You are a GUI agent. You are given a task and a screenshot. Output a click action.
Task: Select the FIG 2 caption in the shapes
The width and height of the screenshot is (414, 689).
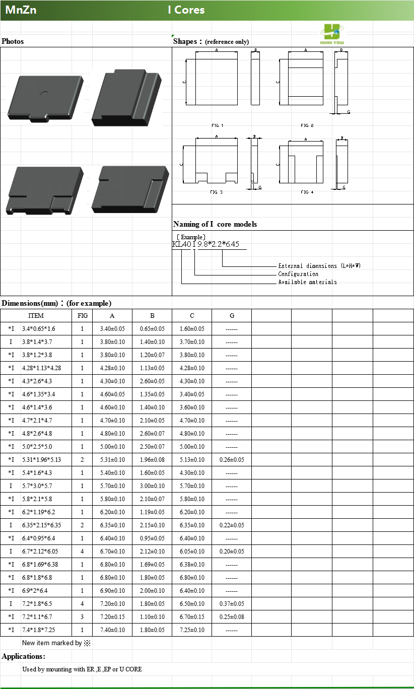(307, 125)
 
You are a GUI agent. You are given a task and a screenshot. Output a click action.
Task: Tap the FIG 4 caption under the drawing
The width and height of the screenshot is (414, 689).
(307, 192)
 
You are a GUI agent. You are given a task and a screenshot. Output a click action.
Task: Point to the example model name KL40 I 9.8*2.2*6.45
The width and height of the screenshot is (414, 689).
(205, 245)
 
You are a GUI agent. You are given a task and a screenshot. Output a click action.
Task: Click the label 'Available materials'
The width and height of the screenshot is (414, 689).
(307, 282)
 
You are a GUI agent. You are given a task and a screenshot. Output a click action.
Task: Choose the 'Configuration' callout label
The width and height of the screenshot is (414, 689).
(298, 274)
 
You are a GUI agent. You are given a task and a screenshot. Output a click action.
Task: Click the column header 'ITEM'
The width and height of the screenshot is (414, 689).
(36, 316)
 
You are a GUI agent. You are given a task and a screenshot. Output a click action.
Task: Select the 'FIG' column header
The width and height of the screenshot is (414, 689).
(83, 316)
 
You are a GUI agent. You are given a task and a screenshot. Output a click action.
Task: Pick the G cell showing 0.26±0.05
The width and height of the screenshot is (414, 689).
(232, 460)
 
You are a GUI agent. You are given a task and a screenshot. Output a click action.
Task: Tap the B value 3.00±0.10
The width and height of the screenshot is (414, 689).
(152, 486)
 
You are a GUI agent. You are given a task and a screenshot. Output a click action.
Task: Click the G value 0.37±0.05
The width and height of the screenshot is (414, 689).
(232, 604)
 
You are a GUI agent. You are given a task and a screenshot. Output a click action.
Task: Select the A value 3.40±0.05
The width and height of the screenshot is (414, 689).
(112, 329)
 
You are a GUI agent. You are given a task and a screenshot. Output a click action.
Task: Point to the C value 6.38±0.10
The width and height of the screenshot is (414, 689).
(192, 565)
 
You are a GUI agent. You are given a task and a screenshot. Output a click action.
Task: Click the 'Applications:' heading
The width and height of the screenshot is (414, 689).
(23, 656)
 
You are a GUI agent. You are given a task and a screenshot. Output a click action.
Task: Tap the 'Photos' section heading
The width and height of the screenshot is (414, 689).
(13, 41)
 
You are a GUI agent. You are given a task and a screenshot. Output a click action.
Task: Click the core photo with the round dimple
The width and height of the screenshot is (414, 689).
(45, 97)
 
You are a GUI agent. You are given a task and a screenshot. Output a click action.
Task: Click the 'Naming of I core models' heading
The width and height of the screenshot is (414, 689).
(215, 224)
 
